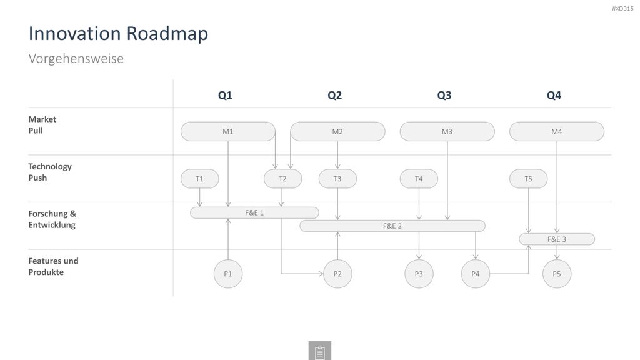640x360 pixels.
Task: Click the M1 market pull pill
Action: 227,131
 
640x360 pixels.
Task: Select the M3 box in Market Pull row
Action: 447,131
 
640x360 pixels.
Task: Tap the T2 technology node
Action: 283,179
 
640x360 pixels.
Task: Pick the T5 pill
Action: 528,179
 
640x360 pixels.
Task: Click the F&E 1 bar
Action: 254,212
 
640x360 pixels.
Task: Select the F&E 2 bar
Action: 392,226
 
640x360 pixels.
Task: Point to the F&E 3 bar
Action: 557,239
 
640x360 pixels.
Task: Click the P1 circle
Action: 227,274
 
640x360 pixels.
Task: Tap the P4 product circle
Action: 476,274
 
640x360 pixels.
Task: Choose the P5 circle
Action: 557,274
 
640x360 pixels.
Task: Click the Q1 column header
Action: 225,95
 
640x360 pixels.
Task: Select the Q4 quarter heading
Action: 554,95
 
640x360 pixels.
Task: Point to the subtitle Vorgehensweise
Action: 76,58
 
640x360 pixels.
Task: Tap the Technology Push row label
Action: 50,172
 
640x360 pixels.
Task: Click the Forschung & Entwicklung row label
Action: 52,219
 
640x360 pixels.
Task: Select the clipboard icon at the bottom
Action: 320,351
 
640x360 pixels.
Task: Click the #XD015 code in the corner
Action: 622,9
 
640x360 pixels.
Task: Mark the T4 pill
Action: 419,179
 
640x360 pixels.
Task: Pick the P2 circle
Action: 337,274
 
